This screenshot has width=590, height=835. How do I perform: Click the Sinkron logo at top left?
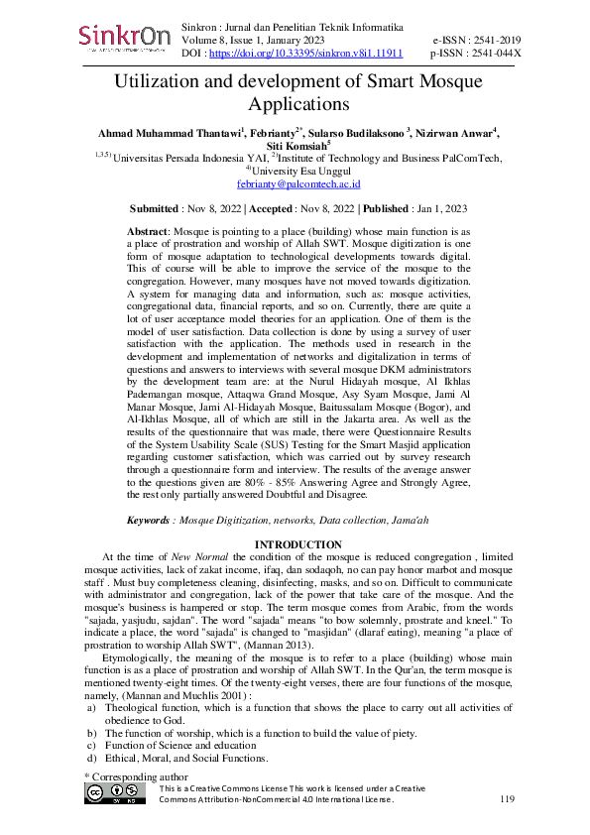124,38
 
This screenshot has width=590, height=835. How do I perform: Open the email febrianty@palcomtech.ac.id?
298,184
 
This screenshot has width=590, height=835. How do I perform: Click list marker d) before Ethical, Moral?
92,759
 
